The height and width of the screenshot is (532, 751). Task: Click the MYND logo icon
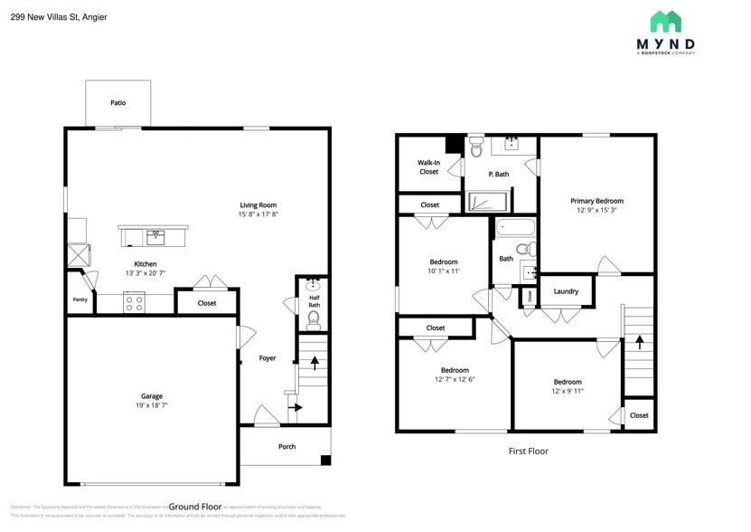pyautogui.click(x=665, y=22)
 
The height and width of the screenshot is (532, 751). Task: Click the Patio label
pyautogui.click(x=117, y=103)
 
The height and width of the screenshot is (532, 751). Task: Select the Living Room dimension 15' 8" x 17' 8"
pyautogui.click(x=258, y=215)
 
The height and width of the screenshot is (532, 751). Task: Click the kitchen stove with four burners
pyautogui.click(x=134, y=303)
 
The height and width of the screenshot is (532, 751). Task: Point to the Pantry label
pyautogui.click(x=80, y=300)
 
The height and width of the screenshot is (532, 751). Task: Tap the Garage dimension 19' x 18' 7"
pyautogui.click(x=151, y=406)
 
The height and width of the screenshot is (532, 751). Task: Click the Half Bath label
pyautogui.click(x=314, y=301)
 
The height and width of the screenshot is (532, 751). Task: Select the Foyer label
pyautogui.click(x=268, y=358)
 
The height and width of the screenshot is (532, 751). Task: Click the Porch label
pyautogui.click(x=286, y=446)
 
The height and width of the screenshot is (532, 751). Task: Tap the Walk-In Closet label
pyautogui.click(x=428, y=167)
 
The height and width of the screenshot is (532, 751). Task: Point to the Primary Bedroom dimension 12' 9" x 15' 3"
pyautogui.click(x=596, y=211)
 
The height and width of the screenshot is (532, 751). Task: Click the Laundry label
pyautogui.click(x=566, y=291)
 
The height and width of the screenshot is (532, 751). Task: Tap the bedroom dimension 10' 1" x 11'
pyautogui.click(x=444, y=271)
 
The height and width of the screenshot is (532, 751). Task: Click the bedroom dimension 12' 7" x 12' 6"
pyautogui.click(x=455, y=379)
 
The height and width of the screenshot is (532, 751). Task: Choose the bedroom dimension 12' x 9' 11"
pyautogui.click(x=568, y=391)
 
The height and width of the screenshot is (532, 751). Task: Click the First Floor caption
pyautogui.click(x=527, y=451)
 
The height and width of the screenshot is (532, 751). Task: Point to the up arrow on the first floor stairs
pyautogui.click(x=639, y=343)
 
